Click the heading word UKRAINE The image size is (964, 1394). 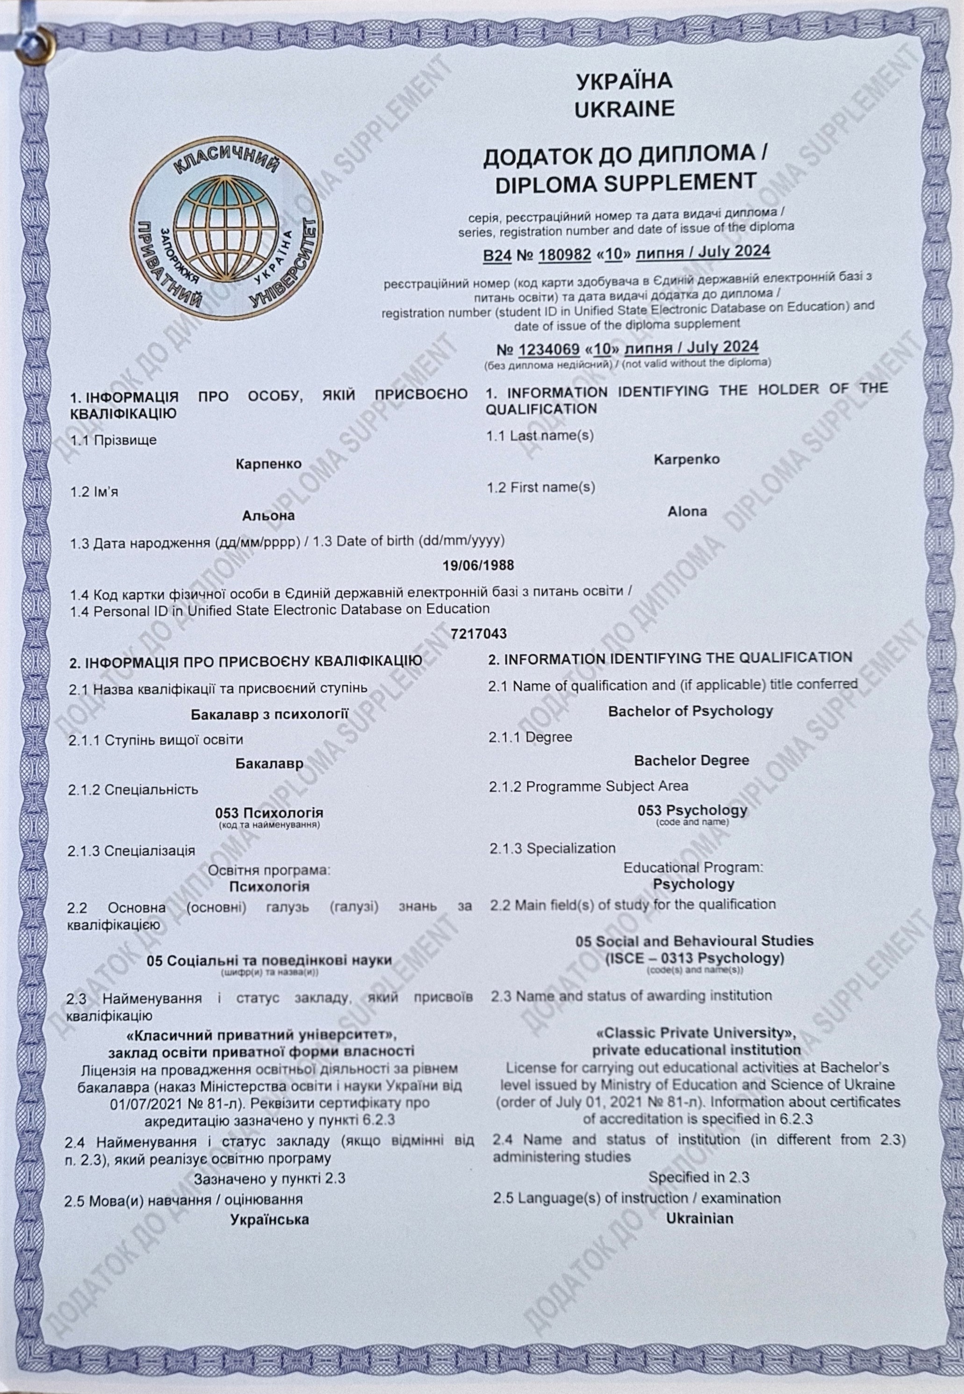pyautogui.click(x=624, y=109)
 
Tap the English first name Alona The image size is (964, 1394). pyautogui.click(x=687, y=511)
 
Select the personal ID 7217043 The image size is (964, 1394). pyautogui.click(x=478, y=633)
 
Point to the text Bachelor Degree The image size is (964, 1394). pyautogui.click(x=691, y=761)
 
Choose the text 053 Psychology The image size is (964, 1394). pyautogui.click(x=692, y=810)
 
